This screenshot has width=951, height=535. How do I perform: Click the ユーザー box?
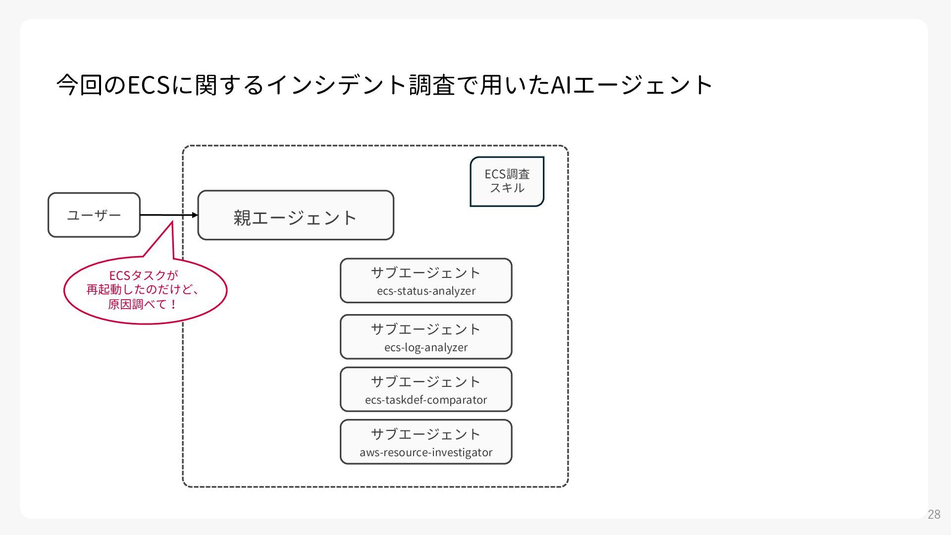click(94, 215)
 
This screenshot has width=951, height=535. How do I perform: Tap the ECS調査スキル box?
click(507, 181)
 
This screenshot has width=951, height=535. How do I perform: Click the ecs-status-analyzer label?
click(426, 291)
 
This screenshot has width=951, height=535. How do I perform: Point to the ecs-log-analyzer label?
click(426, 347)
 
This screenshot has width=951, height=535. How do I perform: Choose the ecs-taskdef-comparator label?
click(426, 400)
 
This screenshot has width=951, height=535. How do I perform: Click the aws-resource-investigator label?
click(426, 452)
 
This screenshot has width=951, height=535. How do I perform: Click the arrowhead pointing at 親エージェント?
click(195, 215)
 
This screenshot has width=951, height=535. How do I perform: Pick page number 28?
click(934, 514)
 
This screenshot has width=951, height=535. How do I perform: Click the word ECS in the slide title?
click(149, 85)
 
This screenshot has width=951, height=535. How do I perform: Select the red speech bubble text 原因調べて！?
click(143, 304)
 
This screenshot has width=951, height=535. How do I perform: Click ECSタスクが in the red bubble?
click(143, 275)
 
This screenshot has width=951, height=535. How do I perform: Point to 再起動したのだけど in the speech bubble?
click(139, 290)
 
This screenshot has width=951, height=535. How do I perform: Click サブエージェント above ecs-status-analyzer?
click(426, 273)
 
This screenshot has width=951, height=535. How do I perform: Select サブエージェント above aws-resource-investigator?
click(426, 434)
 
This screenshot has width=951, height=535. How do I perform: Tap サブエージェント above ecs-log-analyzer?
click(426, 329)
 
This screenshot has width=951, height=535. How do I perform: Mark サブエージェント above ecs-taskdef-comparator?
click(426, 382)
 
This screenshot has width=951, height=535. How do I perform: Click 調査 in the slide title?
click(432, 85)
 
